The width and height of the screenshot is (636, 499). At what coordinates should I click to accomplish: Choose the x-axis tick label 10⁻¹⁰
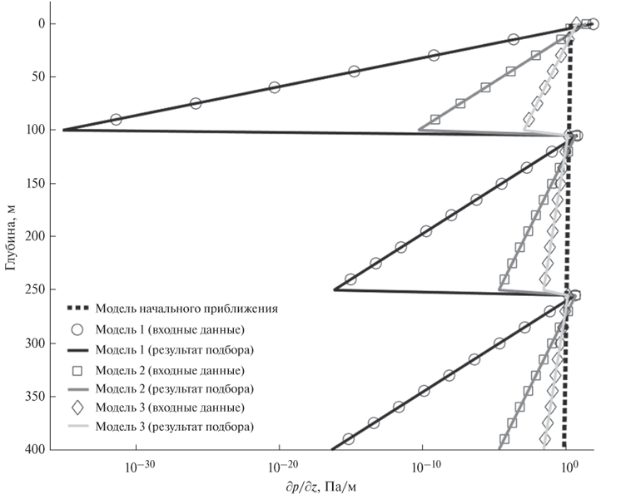pos(423,467)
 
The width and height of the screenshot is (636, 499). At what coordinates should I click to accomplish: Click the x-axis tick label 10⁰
pos(569,467)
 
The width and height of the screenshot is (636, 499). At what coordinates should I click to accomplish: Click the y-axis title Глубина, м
pos(10,237)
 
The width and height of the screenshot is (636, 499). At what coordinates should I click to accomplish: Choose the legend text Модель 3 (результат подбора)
pos(174,427)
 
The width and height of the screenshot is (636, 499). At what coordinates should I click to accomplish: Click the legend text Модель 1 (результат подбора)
pos(174,348)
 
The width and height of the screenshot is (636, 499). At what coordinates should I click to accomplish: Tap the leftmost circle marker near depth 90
pos(116,120)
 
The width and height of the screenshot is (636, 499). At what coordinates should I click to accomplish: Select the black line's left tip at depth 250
pos(335,289)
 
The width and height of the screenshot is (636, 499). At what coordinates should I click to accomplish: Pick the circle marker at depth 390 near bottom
pos(349,438)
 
